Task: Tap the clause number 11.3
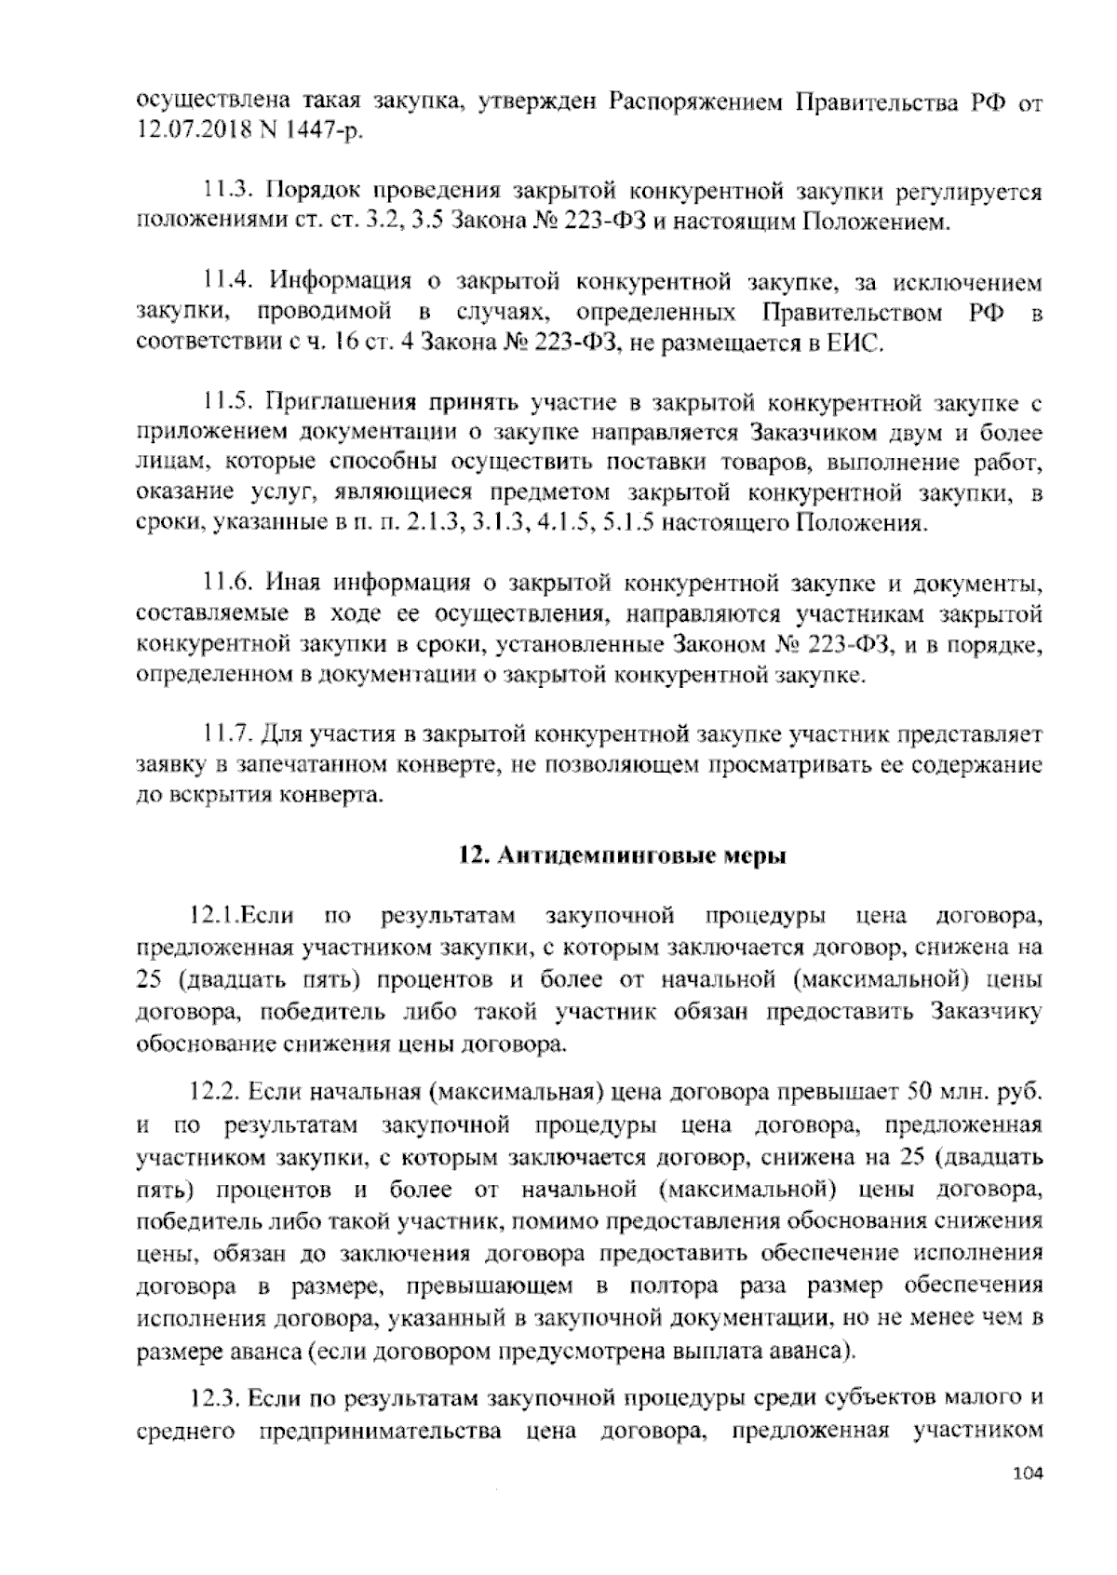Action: pyautogui.click(x=227, y=193)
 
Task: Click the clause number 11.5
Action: pyautogui.click(x=227, y=403)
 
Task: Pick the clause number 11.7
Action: pyautogui.click(x=227, y=735)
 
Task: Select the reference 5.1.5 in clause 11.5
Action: pyautogui.click(x=632, y=523)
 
